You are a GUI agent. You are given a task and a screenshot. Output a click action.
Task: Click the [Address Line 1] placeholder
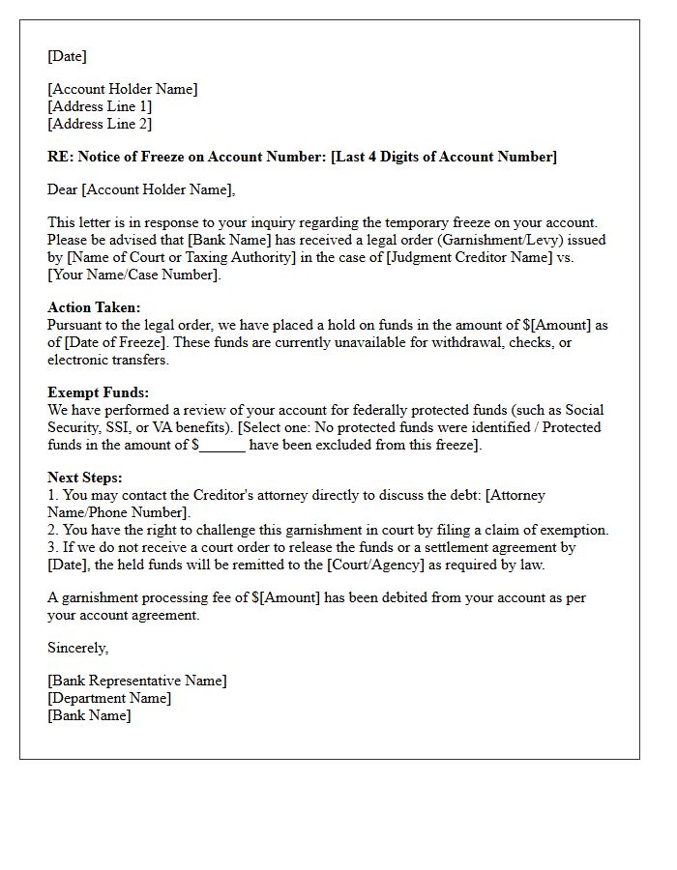(100, 106)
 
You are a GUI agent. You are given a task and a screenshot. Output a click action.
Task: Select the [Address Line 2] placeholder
(100, 124)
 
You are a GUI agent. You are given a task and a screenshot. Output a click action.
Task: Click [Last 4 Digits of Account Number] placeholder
(444, 157)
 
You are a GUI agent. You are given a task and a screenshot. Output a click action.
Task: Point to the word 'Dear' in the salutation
(63, 189)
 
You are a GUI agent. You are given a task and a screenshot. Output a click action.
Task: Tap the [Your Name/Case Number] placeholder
(133, 275)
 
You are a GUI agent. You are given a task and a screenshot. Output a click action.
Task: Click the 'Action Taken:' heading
(94, 307)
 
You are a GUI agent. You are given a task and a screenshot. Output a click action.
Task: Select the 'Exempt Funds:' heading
(99, 392)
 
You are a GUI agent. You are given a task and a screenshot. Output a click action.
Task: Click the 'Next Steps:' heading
(85, 478)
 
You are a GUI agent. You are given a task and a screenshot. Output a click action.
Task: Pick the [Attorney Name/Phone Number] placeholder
(120, 512)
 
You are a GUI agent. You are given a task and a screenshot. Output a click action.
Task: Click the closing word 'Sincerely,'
(78, 648)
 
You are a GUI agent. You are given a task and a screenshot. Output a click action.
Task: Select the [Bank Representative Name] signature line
(137, 681)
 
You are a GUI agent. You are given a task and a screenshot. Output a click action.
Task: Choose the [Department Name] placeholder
(109, 698)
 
